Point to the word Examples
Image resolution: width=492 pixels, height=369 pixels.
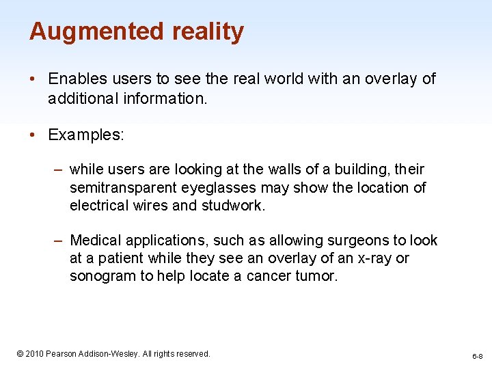[x=86, y=135]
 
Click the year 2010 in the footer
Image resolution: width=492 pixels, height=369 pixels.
[x=34, y=354]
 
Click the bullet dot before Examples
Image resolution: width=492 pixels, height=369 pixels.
[x=33, y=135]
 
